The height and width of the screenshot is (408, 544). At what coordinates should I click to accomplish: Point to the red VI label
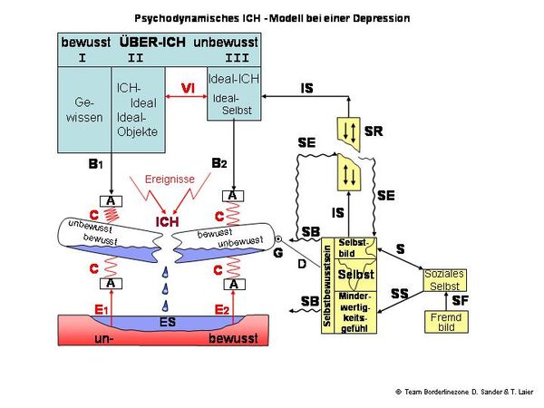(188, 87)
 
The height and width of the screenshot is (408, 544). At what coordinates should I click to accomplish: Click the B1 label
(94, 165)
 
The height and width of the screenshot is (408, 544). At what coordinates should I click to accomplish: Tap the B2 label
(219, 163)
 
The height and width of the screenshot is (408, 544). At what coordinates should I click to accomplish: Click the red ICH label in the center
(168, 221)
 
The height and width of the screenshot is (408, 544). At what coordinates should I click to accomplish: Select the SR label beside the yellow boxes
(373, 131)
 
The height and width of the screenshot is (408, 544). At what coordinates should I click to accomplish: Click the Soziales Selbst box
(444, 279)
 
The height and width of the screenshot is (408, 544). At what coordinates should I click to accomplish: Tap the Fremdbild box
(444, 322)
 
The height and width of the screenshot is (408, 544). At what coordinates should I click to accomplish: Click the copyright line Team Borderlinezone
(461, 392)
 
